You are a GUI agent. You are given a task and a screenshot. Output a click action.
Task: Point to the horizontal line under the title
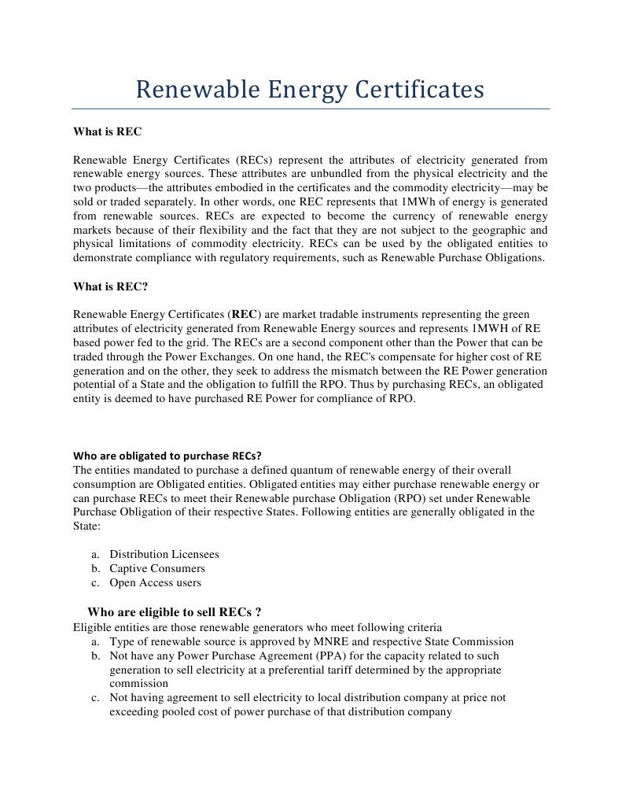pos(311,109)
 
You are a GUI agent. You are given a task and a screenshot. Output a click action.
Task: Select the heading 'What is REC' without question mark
pos(107,131)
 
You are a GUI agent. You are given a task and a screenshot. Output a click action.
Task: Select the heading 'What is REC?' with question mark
pos(110,286)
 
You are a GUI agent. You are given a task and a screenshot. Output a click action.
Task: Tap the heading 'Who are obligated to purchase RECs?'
pos(167,455)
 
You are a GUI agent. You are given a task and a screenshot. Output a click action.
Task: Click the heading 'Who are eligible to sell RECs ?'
pos(174,612)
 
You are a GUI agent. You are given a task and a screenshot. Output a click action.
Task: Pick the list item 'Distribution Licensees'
pos(164,554)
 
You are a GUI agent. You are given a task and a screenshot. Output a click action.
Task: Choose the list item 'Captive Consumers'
pos(156,568)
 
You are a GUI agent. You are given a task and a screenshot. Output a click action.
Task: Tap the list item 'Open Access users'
pos(155,582)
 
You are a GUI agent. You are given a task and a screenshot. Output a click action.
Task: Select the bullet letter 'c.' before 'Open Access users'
pos(95,582)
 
